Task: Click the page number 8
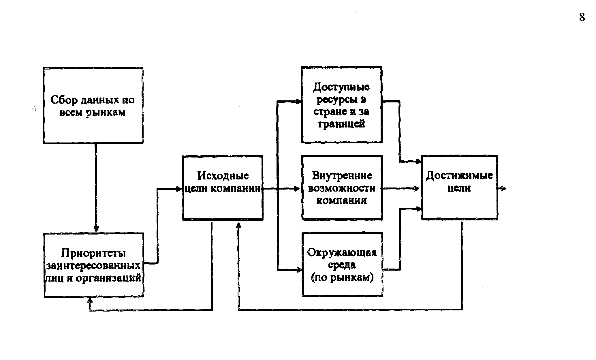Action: pyautogui.click(x=582, y=18)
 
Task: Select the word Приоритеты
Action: pyautogui.click(x=94, y=253)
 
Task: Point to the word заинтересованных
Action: pyautogui.click(x=93, y=265)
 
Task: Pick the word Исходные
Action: pyautogui.click(x=223, y=176)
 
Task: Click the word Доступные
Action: pyautogui.click(x=341, y=87)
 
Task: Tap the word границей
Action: pyautogui.click(x=341, y=124)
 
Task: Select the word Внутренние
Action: pyautogui.click(x=342, y=175)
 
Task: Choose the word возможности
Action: pyautogui.click(x=342, y=188)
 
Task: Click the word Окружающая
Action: pyautogui.click(x=342, y=253)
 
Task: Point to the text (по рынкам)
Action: pyautogui.click(x=342, y=277)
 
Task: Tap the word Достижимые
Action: pyautogui.click(x=460, y=175)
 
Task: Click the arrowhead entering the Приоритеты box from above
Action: pyautogui.click(x=96, y=228)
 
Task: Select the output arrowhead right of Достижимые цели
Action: pyautogui.click(x=503, y=188)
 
